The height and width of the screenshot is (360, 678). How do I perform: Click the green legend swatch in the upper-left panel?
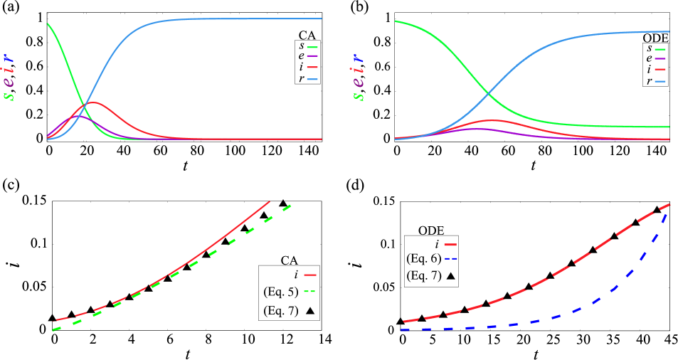[312, 47]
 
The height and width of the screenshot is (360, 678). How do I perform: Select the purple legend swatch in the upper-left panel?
[312, 55]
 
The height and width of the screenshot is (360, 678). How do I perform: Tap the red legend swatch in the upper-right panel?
[660, 69]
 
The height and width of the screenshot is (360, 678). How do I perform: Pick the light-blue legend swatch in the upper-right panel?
[660, 82]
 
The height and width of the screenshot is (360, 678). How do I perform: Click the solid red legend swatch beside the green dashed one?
[310, 275]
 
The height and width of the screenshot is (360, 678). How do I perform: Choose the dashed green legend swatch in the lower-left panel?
[310, 291]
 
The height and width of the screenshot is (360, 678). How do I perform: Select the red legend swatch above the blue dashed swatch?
[450, 245]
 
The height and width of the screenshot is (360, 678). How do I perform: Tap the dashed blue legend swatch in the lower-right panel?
[450, 258]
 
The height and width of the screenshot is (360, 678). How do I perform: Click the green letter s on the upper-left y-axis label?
[9, 95]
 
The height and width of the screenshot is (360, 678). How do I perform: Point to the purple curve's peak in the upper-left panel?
[78, 115]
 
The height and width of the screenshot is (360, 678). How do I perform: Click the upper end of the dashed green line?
[290, 206]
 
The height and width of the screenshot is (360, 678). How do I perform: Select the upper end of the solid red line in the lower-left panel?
[270, 201]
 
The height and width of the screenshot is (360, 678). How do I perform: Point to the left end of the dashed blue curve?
[402, 329]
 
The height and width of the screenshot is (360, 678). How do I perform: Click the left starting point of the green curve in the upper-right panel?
[396, 21]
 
